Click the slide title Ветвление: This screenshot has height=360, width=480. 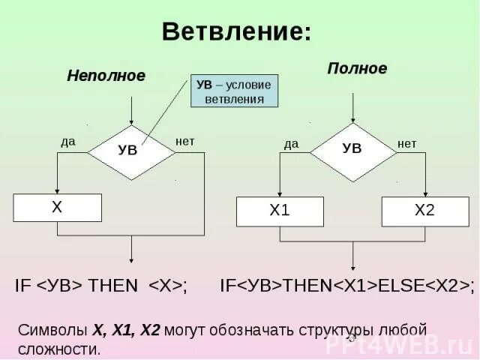coord(236,32)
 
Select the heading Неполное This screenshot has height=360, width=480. coord(106,76)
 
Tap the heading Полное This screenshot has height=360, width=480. coord(357,69)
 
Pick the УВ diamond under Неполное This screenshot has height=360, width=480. coord(131,151)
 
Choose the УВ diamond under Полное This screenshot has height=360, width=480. coord(352,149)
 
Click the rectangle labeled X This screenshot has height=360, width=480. coord(58,208)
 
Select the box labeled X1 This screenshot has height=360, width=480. coord(280,211)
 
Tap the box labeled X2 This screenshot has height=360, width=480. coord(424,211)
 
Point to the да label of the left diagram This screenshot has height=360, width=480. coord(68,141)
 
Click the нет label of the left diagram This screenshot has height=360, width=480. coord(184,141)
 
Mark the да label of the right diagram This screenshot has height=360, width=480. coord(292,143)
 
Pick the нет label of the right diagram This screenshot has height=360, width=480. coord(406,143)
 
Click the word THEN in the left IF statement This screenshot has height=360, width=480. coord(114,286)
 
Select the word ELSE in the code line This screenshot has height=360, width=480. coord(400,286)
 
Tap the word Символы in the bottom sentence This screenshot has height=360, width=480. coord(52,330)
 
